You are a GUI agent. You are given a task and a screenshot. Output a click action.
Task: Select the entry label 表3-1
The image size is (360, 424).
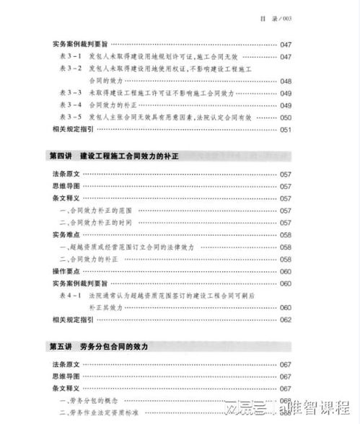pos(70,56)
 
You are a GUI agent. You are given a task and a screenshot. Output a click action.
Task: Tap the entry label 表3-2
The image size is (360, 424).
pos(70,69)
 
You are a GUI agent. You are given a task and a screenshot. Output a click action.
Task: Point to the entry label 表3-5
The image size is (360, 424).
pos(70,117)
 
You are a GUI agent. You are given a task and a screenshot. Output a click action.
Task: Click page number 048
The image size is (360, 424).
pos(286,81)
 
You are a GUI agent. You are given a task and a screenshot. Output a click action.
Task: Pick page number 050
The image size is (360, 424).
pos(286,117)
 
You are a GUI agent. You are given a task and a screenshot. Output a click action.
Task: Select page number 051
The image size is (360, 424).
pos(286,129)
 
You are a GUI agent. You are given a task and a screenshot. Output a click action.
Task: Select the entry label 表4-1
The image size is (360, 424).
pos(70,296)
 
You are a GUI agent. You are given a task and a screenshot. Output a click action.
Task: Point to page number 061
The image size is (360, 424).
pos(286,308)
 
